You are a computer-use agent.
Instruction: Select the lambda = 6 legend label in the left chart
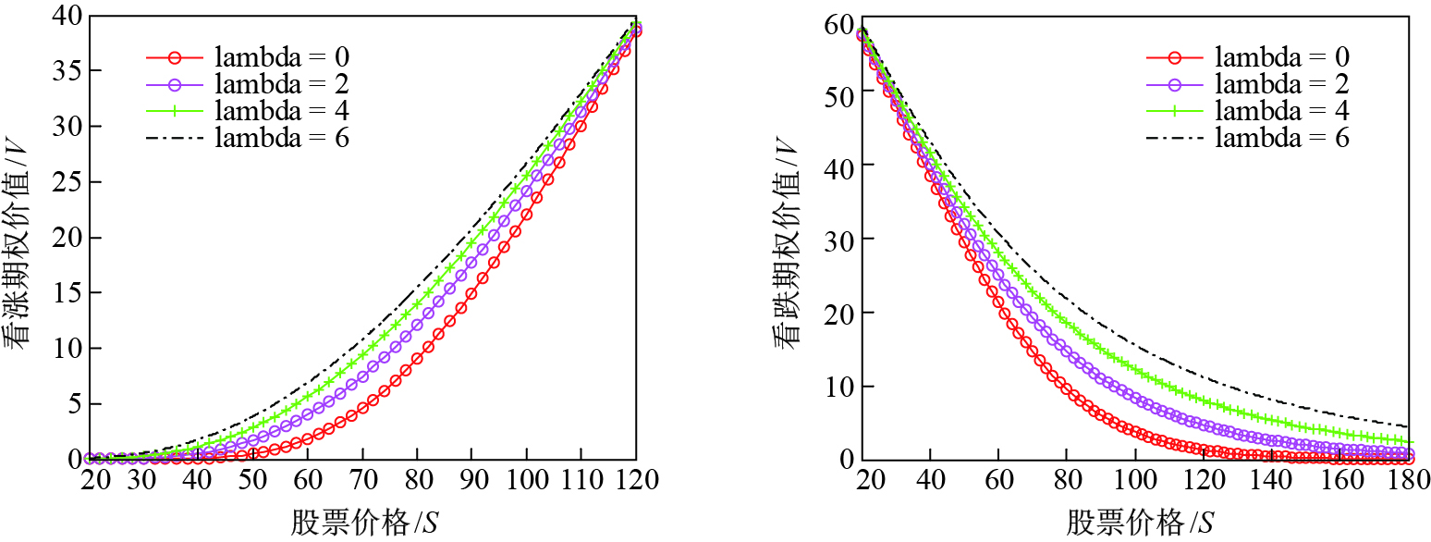[x=282, y=138]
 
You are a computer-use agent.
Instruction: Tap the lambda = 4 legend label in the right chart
[x=1282, y=111]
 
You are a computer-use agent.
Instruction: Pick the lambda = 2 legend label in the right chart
[x=1282, y=84]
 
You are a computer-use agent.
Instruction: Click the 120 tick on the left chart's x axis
[x=635, y=482]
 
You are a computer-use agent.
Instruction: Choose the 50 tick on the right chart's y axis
[x=836, y=91]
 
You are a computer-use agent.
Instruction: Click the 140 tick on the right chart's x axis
[x=1273, y=482]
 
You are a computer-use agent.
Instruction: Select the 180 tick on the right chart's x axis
[x=1408, y=482]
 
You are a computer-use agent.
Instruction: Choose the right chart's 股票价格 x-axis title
[x=1139, y=524]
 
